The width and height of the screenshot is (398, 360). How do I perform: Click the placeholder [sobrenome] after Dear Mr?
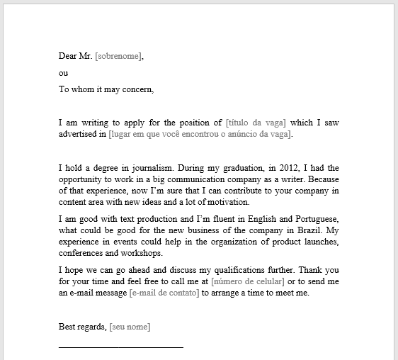click(118, 56)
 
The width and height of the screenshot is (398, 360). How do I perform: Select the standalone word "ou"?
click(63, 73)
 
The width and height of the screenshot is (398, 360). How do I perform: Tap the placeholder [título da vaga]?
click(256, 123)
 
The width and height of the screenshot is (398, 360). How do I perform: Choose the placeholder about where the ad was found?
click(200, 134)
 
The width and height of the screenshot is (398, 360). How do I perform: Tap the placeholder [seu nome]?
click(130, 327)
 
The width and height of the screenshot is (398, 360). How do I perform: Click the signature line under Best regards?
click(120, 347)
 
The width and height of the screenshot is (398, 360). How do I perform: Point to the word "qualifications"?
click(229, 270)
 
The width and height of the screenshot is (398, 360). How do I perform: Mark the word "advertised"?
click(82, 134)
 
